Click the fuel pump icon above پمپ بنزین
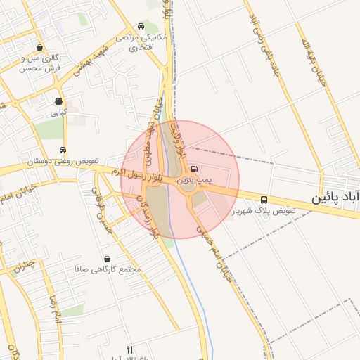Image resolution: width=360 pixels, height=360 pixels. click(195, 169)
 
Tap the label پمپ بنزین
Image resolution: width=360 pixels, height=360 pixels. click(193, 181)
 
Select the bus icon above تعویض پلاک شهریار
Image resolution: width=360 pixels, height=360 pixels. click(264, 200)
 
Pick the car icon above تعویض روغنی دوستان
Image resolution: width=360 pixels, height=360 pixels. click(63, 150)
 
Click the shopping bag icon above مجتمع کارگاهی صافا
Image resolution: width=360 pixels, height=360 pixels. click(107, 259)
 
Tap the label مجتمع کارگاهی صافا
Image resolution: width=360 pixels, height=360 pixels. click(108, 270)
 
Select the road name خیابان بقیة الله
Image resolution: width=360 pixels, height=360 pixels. click(323, 63)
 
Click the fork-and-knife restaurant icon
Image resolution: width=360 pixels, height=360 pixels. click(129, 349)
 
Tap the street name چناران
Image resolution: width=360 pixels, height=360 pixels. click(23, 265)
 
